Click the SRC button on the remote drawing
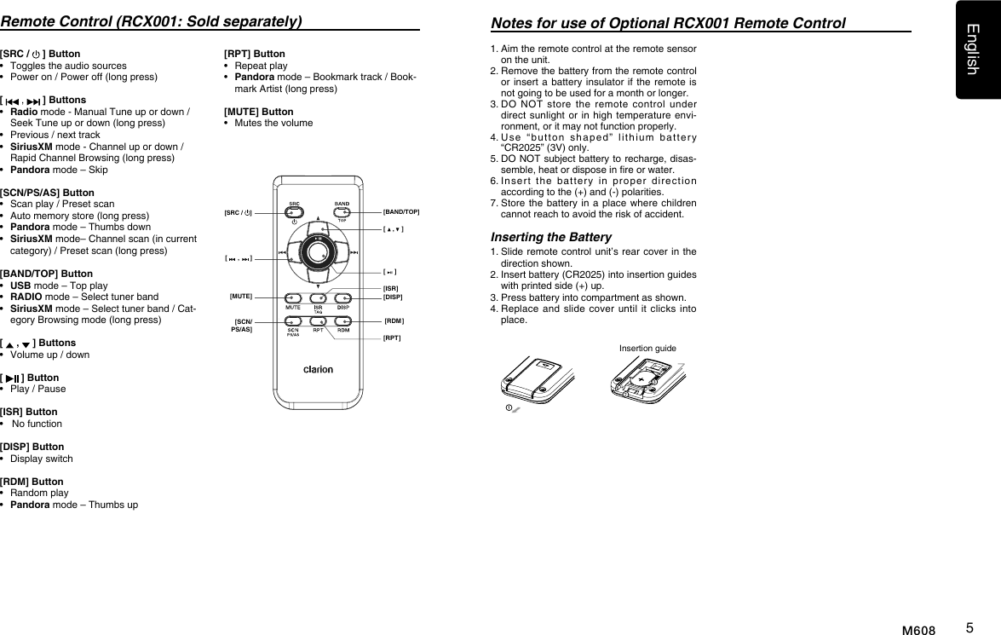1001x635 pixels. (293, 212)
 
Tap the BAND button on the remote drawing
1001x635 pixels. (342, 212)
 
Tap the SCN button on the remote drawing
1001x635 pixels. (293, 321)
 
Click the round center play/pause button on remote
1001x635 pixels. (319, 253)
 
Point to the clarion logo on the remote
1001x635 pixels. (318, 369)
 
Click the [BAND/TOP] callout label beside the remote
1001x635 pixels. (400, 211)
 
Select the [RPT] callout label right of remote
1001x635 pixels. (392, 338)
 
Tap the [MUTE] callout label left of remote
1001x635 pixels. (241, 296)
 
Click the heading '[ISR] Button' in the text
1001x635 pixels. (29, 412)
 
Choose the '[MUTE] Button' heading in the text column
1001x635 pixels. (258, 112)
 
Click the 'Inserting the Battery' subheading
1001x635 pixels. (551, 237)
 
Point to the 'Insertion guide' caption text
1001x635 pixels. (647, 348)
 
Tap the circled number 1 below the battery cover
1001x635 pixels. (509, 407)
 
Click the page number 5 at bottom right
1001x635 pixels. (970, 628)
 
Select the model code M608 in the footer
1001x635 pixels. (918, 631)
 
